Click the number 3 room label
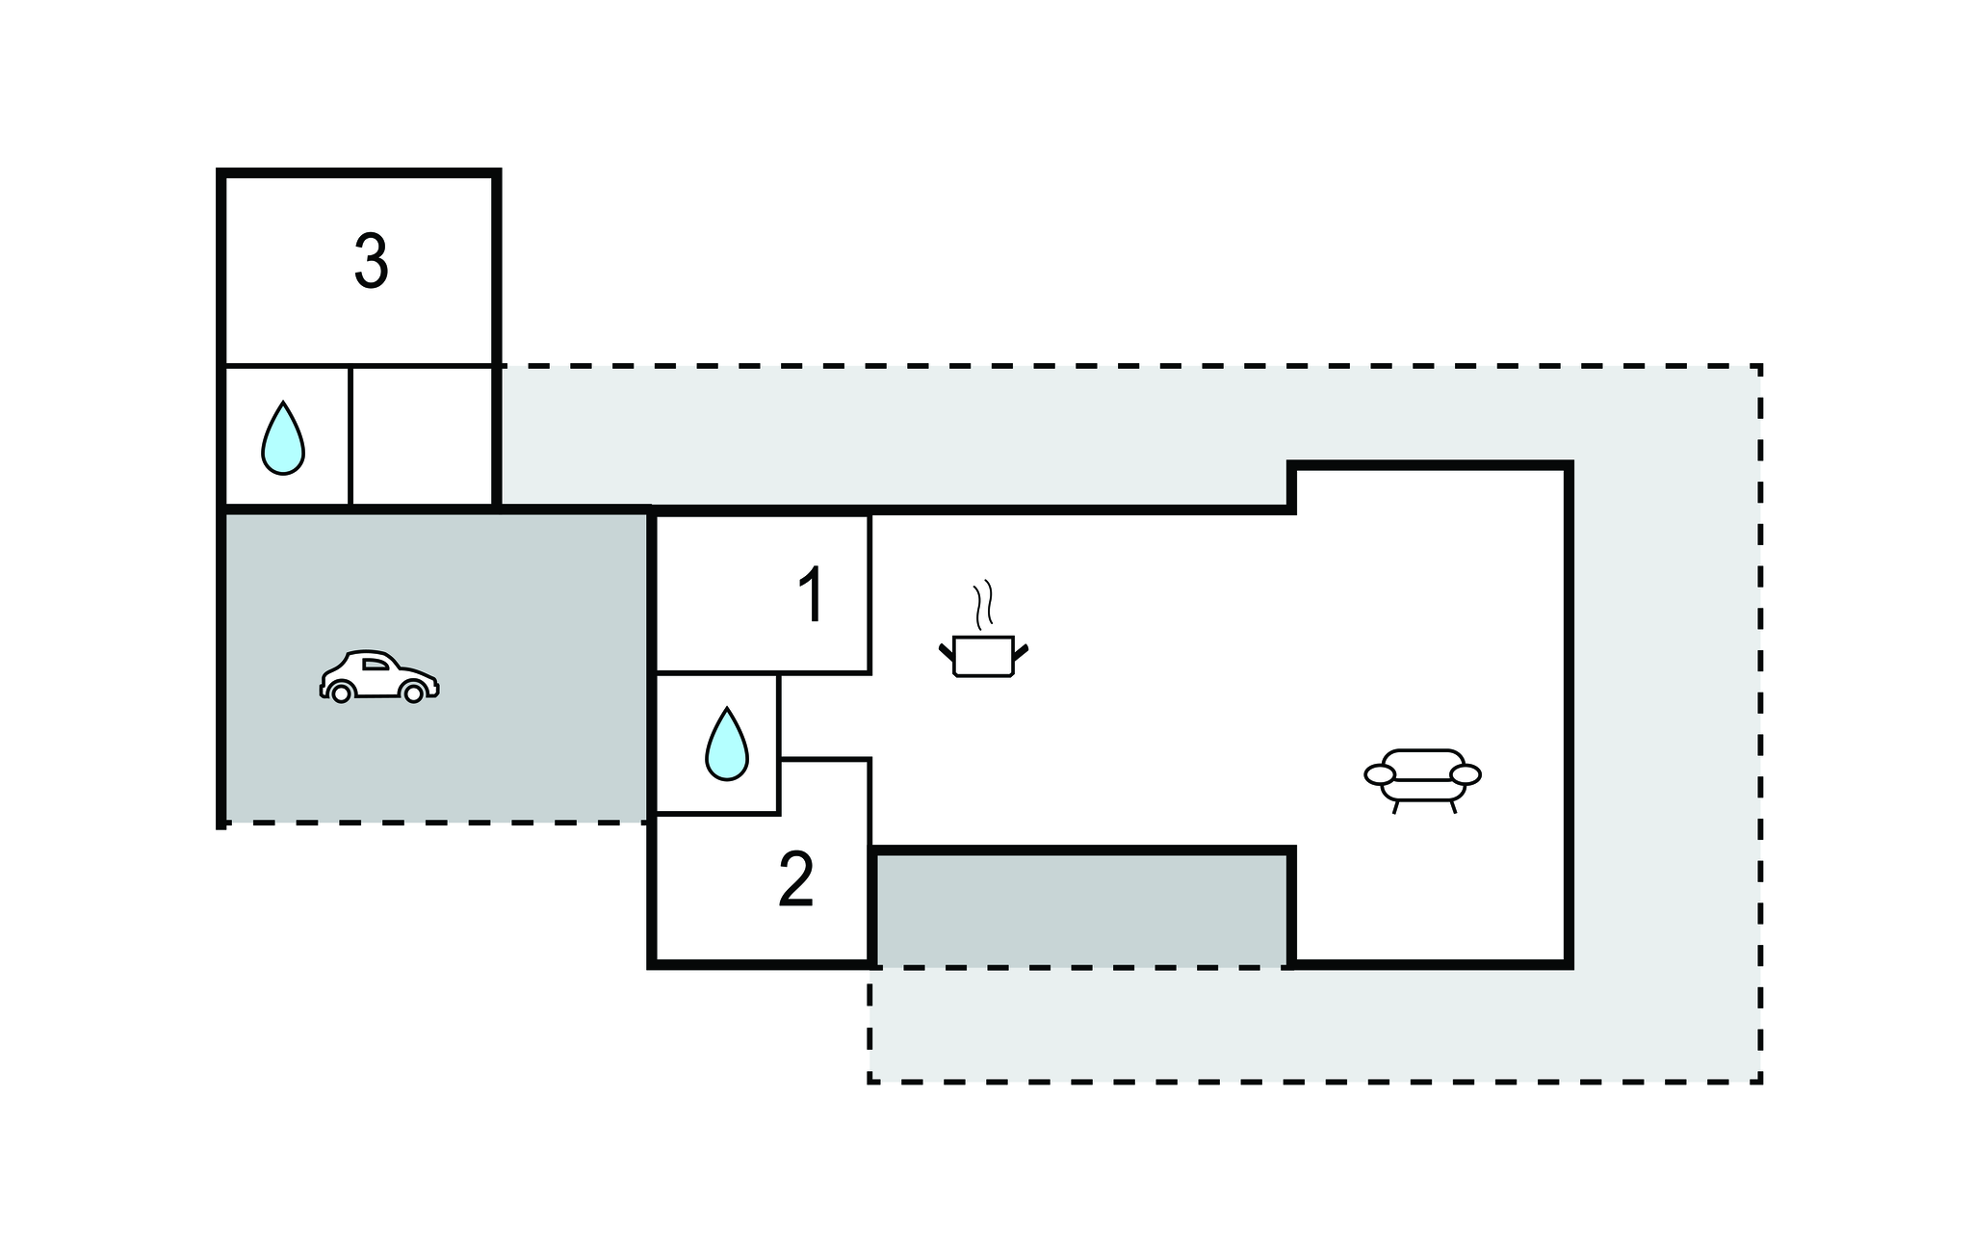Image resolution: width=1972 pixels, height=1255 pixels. point(372,261)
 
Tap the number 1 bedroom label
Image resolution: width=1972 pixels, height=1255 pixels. point(812,595)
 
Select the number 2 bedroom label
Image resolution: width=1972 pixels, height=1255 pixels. point(796,879)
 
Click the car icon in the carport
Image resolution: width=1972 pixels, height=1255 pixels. point(379,675)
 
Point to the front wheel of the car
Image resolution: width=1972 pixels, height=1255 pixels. point(413,693)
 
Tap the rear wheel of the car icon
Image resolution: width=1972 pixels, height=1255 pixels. point(340,693)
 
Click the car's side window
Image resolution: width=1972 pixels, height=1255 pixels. point(376,664)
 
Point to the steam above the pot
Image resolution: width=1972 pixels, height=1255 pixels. point(982,604)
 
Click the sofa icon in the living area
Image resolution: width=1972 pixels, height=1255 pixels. point(1422,780)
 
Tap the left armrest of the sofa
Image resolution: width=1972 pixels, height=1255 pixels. point(1380,774)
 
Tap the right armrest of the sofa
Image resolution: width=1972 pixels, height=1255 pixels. point(1466,774)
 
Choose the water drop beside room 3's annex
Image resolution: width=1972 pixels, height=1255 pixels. point(283,437)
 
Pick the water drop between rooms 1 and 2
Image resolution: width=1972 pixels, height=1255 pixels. point(727,744)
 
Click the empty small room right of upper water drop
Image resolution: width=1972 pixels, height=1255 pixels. point(422,435)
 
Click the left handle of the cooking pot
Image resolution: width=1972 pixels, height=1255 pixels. point(947,652)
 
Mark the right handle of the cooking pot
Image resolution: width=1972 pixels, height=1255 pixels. point(1021,652)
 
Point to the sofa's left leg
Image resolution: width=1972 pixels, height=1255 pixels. point(1395,807)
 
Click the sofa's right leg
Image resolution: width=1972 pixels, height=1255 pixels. point(1453,807)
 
